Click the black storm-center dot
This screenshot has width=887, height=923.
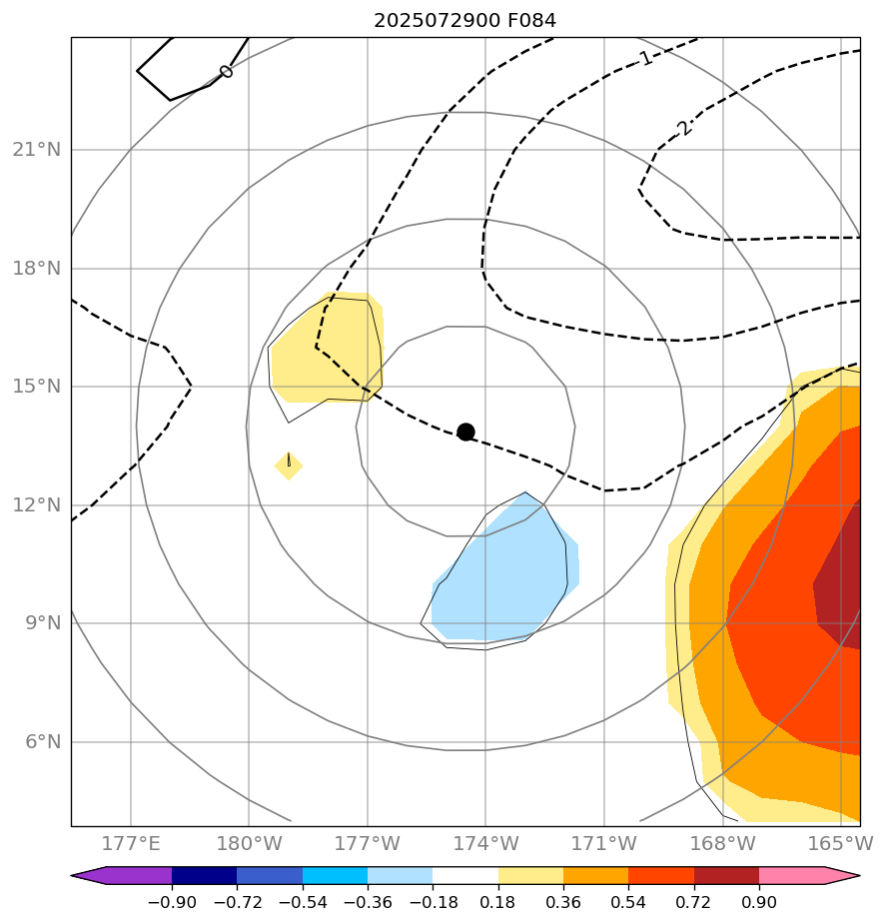point(465,432)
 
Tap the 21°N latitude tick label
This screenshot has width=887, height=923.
point(36,150)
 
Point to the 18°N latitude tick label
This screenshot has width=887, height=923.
point(36,268)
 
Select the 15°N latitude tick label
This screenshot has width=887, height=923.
point(36,387)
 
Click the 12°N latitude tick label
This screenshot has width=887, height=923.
point(36,504)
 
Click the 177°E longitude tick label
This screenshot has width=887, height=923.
point(131,844)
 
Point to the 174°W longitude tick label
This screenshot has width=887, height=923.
point(485,844)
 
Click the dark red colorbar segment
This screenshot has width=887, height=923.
point(726,876)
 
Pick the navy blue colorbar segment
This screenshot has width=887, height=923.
point(204,876)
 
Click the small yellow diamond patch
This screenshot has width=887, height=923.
point(289,464)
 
